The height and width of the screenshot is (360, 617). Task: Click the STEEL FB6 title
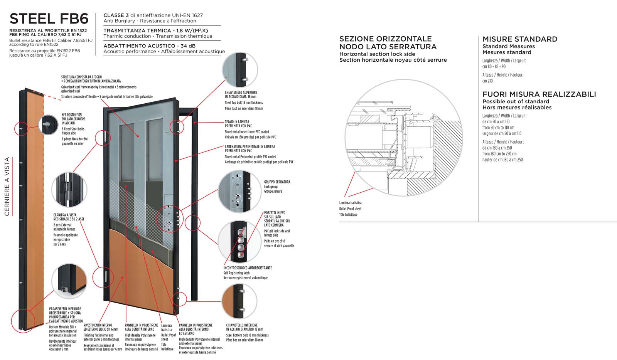coord(49,19)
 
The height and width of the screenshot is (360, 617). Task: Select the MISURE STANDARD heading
coord(520,39)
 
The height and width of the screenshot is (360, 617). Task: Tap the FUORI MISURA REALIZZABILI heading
coord(539,94)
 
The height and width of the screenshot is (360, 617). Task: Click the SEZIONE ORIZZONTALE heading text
coord(385,39)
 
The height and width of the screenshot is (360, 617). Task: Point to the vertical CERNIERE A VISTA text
coord(7,186)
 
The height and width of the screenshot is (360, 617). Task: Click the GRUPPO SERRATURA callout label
coord(277,182)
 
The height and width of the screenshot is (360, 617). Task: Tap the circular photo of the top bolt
coord(239,70)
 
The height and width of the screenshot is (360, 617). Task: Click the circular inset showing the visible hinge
coord(69,190)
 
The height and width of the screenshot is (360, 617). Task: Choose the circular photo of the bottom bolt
coord(239,301)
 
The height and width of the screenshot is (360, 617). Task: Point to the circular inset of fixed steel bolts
coord(51,124)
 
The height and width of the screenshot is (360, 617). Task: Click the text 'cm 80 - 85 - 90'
coord(494,66)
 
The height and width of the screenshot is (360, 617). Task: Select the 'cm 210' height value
coord(487,81)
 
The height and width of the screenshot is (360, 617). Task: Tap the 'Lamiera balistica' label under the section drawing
coord(350,203)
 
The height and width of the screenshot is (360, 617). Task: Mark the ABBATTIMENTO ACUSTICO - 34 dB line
coord(149,46)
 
